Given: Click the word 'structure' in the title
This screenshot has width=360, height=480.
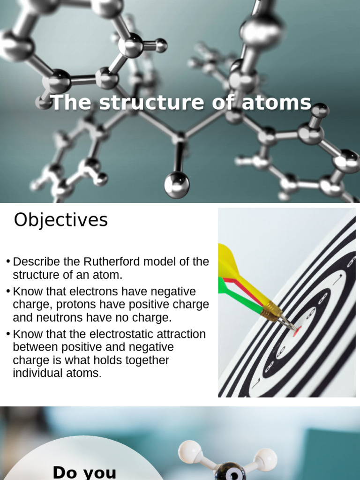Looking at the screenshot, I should tap(152, 103).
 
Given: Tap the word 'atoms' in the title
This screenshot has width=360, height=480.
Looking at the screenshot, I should tap(277, 103).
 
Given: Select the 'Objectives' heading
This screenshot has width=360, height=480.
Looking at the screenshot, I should tap(60, 220).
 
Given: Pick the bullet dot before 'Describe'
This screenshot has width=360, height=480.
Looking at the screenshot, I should tap(8, 262).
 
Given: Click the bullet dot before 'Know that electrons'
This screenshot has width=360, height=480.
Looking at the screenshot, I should tap(8, 292).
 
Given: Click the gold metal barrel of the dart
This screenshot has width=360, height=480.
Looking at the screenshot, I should tap(271, 310).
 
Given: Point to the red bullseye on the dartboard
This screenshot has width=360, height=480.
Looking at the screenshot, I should tap(296, 331).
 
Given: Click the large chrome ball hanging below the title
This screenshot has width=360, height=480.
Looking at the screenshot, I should tap(177, 184).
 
